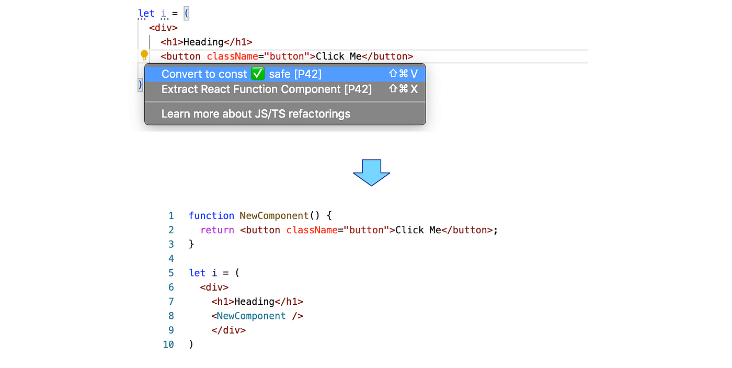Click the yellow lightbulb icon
[144, 55]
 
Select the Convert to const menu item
[204, 74]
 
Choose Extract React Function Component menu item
[266, 89]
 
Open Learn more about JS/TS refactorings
[256, 114]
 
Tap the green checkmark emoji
[257, 74]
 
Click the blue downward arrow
[371, 172]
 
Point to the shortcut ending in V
[403, 74]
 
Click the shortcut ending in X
[403, 89]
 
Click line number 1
[171, 216]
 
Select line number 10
[168, 344]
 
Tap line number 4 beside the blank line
[171, 259]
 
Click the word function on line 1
[211, 216]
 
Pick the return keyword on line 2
[217, 230]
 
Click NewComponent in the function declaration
[274, 216]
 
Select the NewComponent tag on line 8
[251, 316]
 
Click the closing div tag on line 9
[228, 330]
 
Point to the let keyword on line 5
[197, 273]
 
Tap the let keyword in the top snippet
[146, 14]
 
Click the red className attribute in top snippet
[230, 56]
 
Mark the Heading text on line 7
[254, 302]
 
